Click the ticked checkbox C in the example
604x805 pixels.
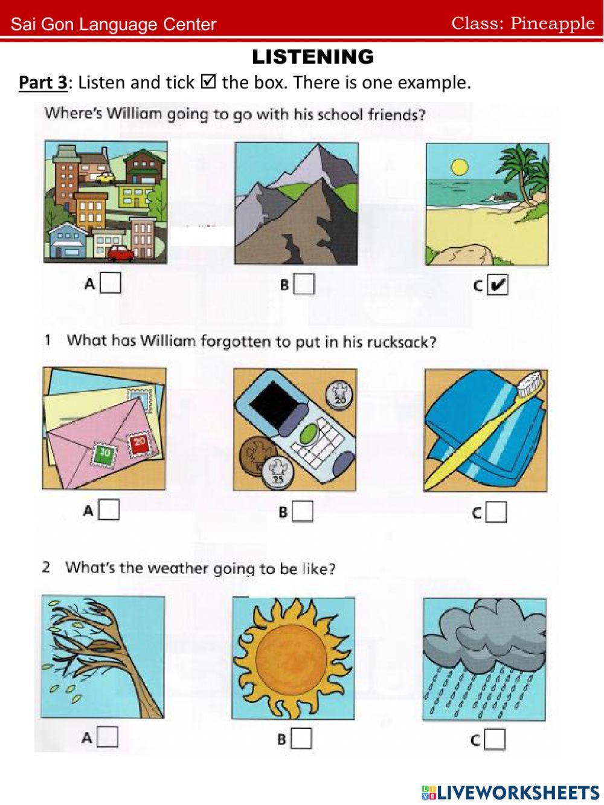point(498,285)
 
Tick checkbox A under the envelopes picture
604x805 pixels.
point(109,510)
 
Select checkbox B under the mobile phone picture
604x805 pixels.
point(303,511)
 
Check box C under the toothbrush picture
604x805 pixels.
point(496,512)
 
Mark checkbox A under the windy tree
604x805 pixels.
point(108,737)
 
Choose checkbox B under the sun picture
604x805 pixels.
point(301,738)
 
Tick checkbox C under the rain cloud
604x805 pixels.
point(495,739)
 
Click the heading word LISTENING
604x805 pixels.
point(313,57)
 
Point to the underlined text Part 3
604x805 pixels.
point(43,82)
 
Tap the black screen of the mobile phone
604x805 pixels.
point(274,402)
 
